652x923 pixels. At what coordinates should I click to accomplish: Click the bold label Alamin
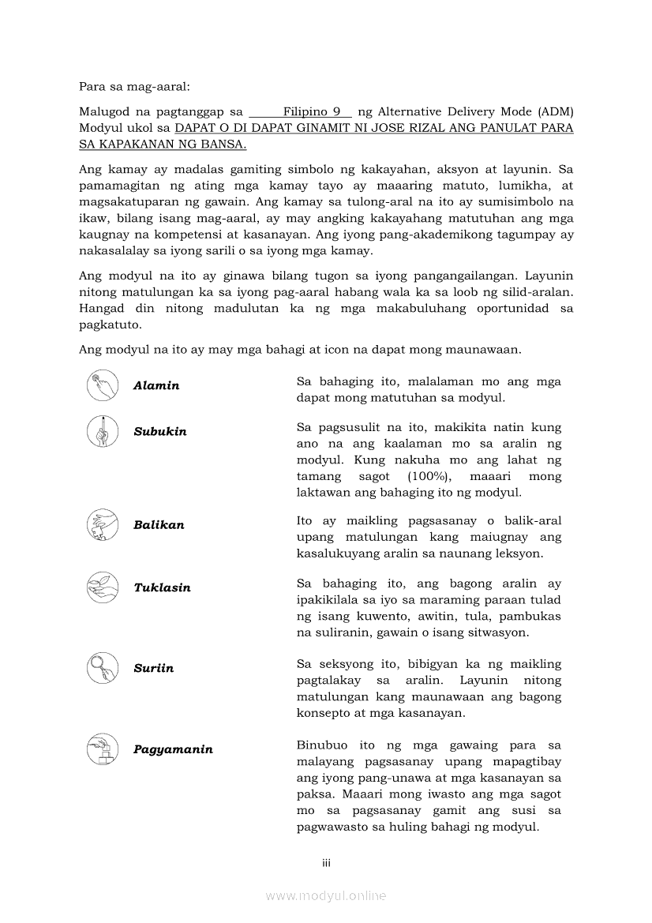coord(156,386)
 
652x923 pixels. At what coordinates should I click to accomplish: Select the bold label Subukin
coord(160,432)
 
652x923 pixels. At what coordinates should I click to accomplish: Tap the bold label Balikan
coord(159,525)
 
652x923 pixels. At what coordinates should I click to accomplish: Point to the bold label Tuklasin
coord(162,588)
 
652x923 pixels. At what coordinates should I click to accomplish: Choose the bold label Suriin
coord(153,669)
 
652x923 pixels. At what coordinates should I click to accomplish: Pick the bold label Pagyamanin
coord(173,749)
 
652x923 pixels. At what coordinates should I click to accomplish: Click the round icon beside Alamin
coord(103,385)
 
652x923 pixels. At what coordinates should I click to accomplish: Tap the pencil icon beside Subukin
coord(103,431)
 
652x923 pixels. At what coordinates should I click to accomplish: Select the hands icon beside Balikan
coord(103,524)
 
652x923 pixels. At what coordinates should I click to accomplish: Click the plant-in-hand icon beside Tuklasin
coord(103,587)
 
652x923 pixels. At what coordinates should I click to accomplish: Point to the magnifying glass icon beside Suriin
coord(103,668)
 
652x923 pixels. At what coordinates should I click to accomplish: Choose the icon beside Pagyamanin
coord(103,749)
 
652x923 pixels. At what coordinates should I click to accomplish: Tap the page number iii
coord(326,863)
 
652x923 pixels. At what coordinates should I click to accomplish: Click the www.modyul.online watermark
coord(326,895)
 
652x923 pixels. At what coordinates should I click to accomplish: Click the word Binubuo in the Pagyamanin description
coord(322,745)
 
